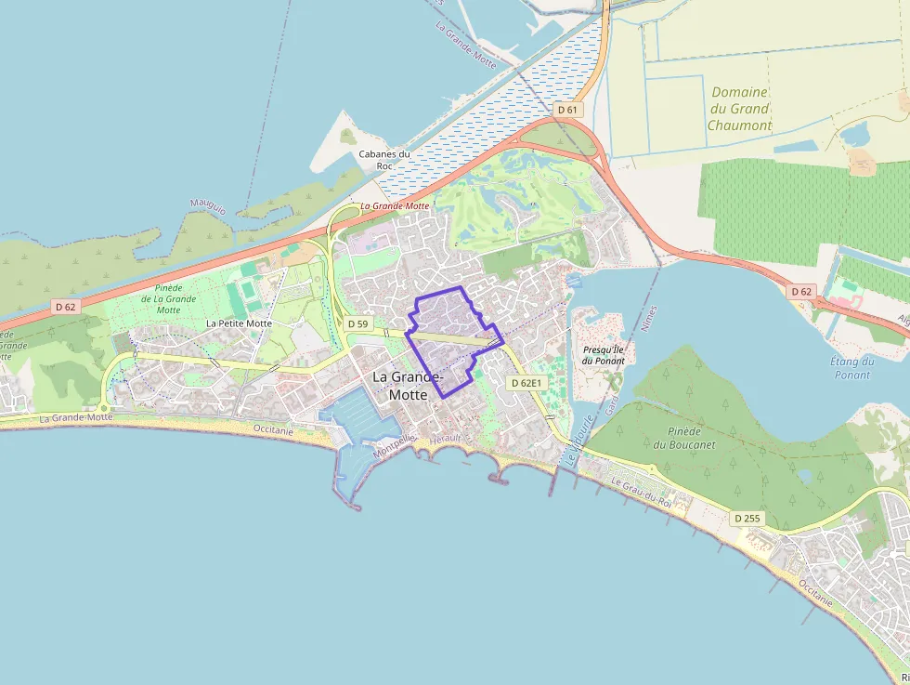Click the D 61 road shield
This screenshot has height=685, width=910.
pyautogui.click(x=567, y=110)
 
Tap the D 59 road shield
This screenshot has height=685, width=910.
pyautogui.click(x=357, y=323)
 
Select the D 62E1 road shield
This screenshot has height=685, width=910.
pyautogui.click(x=526, y=382)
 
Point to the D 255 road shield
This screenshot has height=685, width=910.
pyautogui.click(x=747, y=518)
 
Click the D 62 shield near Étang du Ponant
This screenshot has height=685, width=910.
pyautogui.click(x=801, y=292)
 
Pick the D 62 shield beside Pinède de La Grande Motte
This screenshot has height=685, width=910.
pyautogui.click(x=64, y=306)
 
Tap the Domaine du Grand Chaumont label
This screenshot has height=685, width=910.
pyautogui.click(x=739, y=109)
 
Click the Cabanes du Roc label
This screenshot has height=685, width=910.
pyautogui.click(x=384, y=160)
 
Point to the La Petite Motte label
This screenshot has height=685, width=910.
pyautogui.click(x=239, y=323)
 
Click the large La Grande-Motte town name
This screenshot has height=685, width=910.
pyautogui.click(x=409, y=386)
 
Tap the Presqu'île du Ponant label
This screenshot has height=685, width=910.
pyautogui.click(x=604, y=355)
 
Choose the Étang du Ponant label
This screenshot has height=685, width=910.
pyautogui.click(x=851, y=368)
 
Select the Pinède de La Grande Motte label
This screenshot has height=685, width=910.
pyautogui.click(x=168, y=298)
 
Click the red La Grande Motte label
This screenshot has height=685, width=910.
pyautogui.click(x=395, y=205)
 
